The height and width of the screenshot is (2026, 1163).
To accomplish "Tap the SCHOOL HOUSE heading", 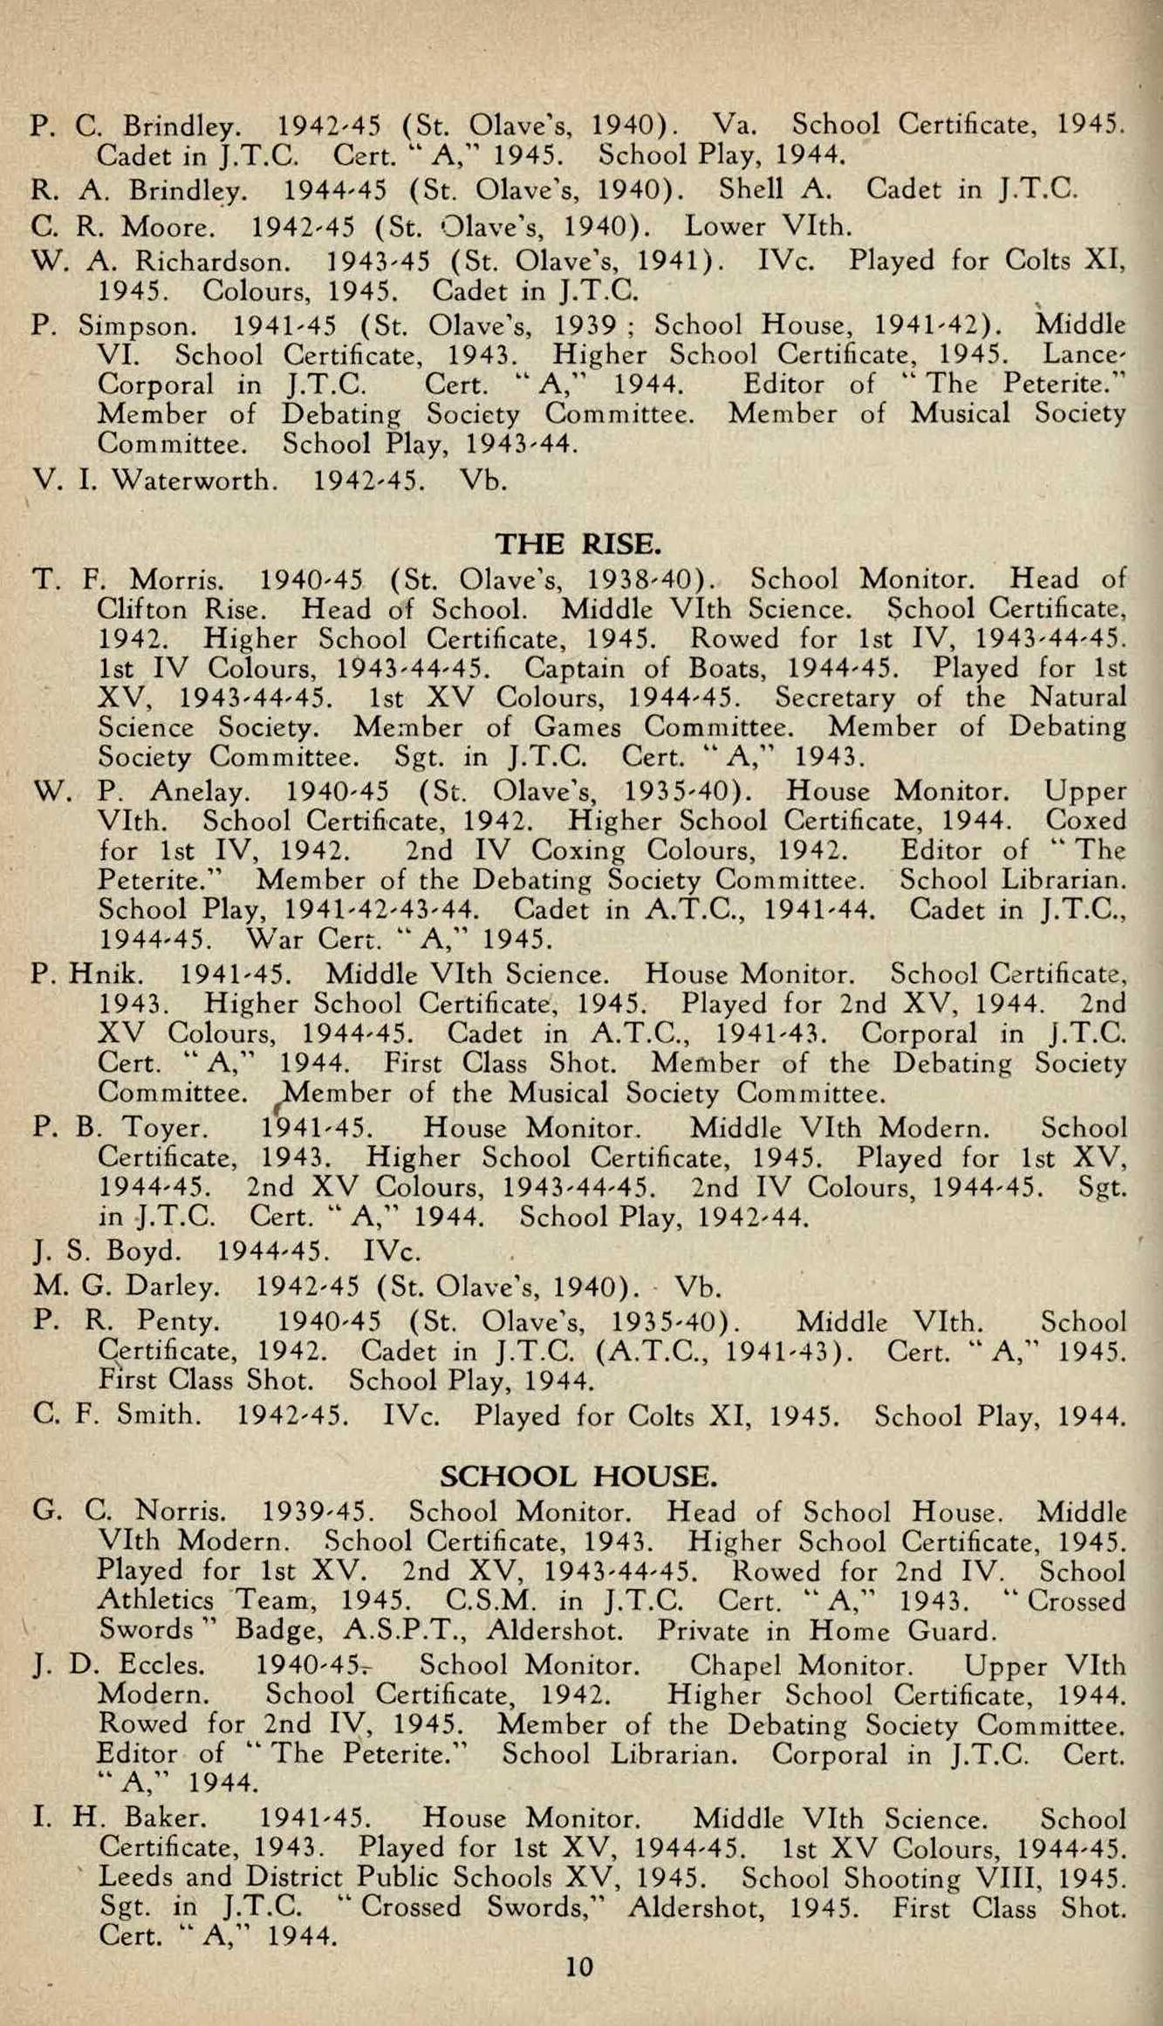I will point(579,1477).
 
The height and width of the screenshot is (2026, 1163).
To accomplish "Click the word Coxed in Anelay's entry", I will point(1085,821).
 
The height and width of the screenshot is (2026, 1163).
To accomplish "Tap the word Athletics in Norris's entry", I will point(155,1601).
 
